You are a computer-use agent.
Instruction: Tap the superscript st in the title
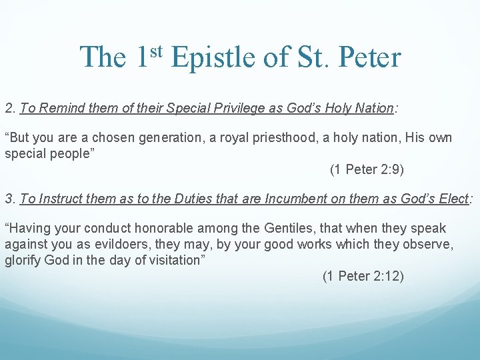155,50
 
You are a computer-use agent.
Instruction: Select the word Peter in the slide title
369,57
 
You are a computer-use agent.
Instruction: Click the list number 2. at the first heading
10,108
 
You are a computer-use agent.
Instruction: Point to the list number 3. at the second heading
10,199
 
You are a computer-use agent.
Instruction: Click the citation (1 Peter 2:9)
367,169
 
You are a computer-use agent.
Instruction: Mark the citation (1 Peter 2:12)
363,276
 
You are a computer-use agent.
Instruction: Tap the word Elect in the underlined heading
455,199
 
